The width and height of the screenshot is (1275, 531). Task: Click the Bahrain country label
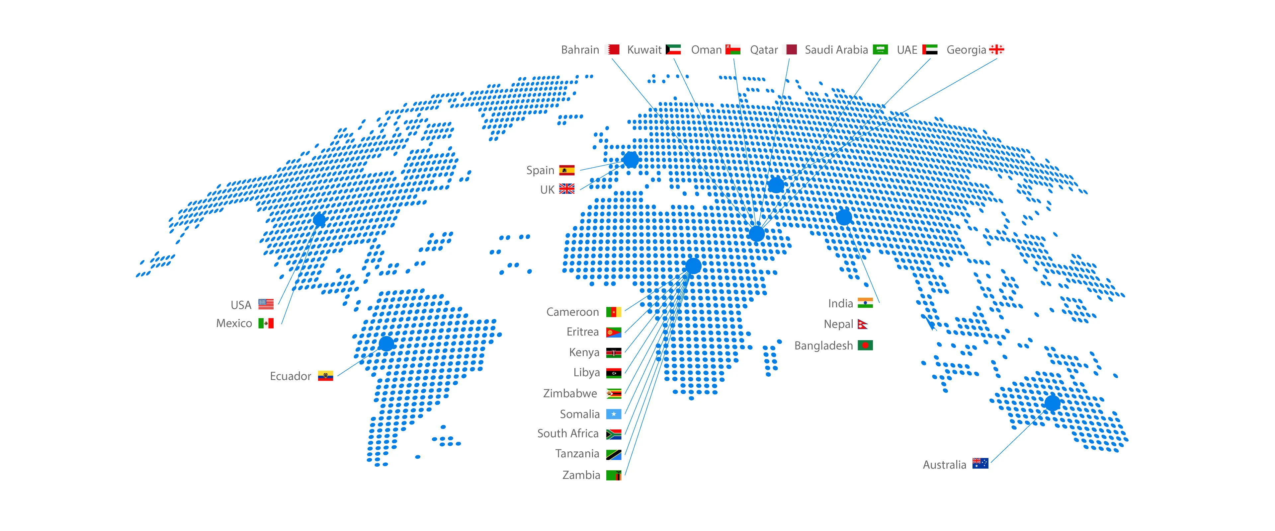tap(580, 50)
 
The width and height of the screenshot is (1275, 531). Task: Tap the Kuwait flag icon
tap(673, 49)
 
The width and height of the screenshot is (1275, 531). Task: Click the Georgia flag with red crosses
tap(996, 49)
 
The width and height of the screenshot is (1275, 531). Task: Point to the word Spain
tap(540, 171)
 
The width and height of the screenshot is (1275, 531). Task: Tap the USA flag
tap(266, 304)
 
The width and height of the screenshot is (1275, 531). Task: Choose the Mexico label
tap(234, 324)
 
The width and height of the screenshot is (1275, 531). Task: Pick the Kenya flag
tap(614, 353)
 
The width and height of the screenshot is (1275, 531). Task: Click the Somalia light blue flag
tap(614, 414)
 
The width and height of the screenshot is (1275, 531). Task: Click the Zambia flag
tap(614, 476)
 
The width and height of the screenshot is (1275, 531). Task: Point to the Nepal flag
tap(863, 325)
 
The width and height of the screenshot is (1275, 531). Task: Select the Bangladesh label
tap(823, 346)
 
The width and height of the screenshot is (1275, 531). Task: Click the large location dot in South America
tap(386, 343)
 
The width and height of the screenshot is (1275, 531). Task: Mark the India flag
tap(865, 303)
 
